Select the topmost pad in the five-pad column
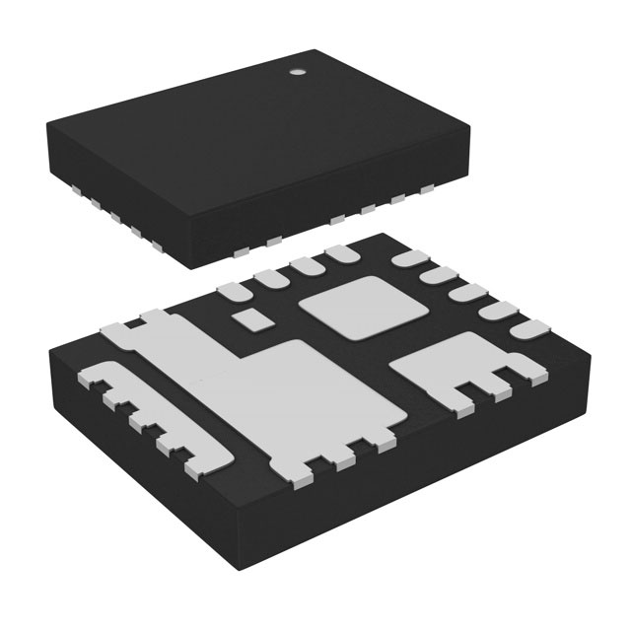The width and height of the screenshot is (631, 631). (x=407, y=261)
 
